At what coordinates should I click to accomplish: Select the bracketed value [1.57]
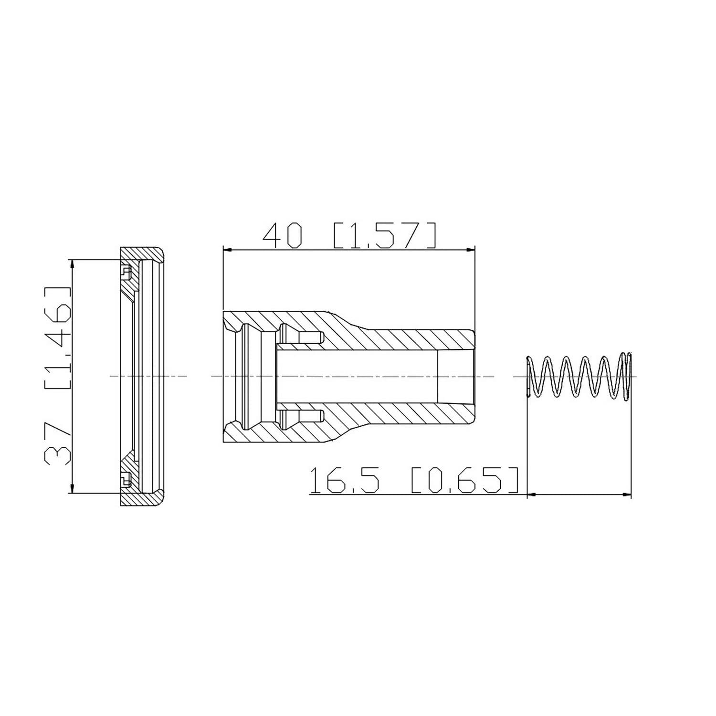click(384, 236)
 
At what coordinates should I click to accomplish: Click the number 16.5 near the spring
click(345, 481)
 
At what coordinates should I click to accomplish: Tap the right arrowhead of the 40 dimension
click(471, 249)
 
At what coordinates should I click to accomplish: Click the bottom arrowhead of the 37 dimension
click(72, 489)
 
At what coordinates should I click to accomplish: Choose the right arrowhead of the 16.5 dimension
click(627, 495)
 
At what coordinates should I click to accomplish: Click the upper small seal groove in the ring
click(126, 272)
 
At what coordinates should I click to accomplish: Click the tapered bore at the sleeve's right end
click(456, 376)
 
